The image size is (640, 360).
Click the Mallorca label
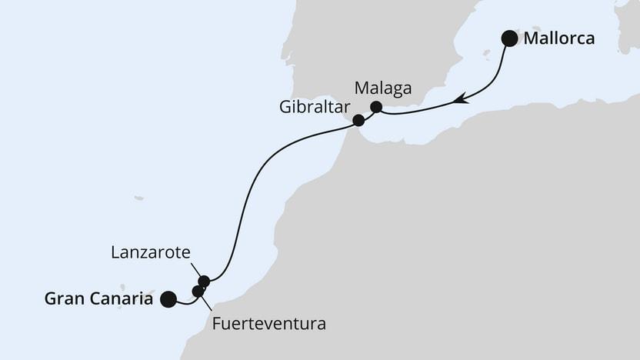click(558, 38)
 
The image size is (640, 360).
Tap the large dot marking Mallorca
click(509, 38)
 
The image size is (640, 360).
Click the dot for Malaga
click(376, 107)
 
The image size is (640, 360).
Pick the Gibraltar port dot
click(358, 120)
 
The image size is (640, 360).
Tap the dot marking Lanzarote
click(204, 281)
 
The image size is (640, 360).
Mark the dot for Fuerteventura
click(198, 292)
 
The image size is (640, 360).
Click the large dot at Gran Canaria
click(168, 299)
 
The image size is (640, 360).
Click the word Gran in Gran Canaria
click(63, 299)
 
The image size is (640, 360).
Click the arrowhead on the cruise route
click(460, 98)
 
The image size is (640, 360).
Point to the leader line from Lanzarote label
click(196, 270)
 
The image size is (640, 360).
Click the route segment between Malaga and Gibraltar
click(367, 114)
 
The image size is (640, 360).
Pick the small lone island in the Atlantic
click(138, 198)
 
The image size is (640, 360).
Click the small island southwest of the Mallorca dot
click(485, 54)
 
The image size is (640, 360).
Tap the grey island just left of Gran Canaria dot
click(150, 293)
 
